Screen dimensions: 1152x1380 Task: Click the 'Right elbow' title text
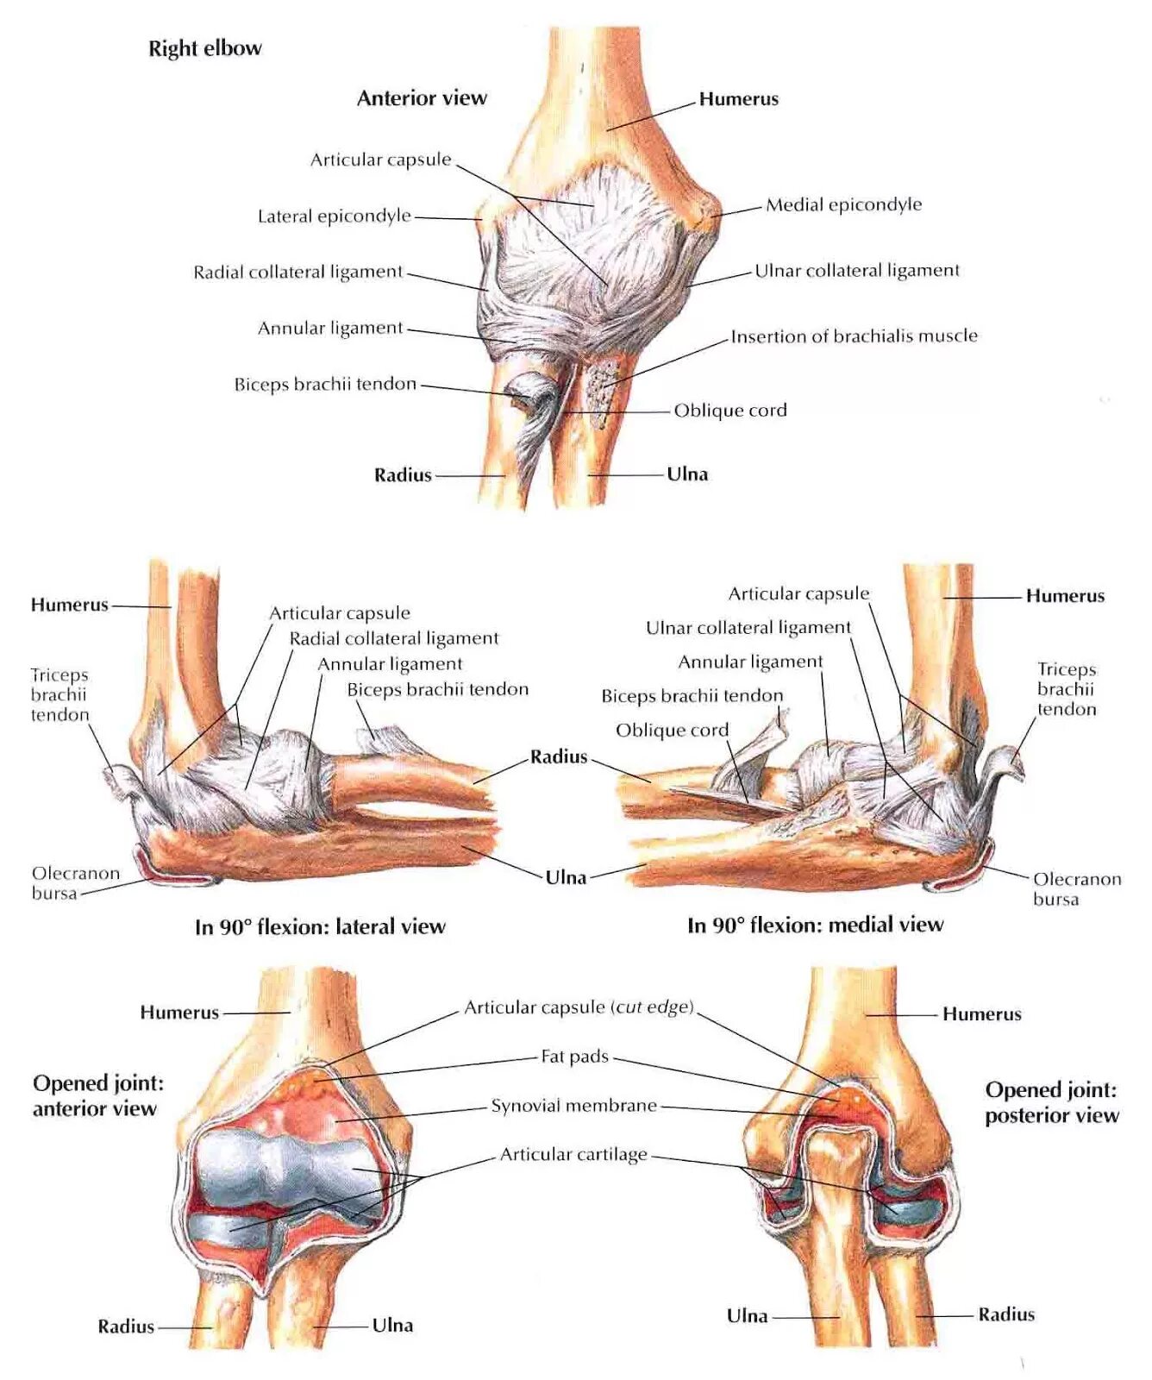(204, 48)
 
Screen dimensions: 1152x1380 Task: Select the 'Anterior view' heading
(422, 98)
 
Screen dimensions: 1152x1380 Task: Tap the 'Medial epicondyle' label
(843, 205)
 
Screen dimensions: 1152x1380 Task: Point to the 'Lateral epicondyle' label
(335, 216)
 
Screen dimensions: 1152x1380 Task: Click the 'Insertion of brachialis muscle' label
(854, 336)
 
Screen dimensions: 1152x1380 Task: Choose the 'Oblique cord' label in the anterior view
(730, 411)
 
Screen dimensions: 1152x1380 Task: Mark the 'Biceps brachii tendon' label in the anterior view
(325, 385)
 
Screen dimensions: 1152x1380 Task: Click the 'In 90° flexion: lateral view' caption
(320, 927)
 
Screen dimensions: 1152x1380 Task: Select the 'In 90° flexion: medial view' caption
(815, 925)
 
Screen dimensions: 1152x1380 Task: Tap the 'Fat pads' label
(574, 1057)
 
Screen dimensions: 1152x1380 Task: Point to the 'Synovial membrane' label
(573, 1106)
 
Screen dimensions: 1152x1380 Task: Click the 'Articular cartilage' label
(573, 1155)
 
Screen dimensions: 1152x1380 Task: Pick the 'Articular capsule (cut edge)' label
(579, 1007)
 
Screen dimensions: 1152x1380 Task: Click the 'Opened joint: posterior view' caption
(1051, 1102)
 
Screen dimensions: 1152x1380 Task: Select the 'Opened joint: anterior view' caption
(97, 1095)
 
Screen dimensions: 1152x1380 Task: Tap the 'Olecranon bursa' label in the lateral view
(76, 883)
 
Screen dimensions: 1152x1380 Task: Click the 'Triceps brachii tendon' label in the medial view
(1067, 689)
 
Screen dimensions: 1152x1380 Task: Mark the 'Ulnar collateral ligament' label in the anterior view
(856, 271)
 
